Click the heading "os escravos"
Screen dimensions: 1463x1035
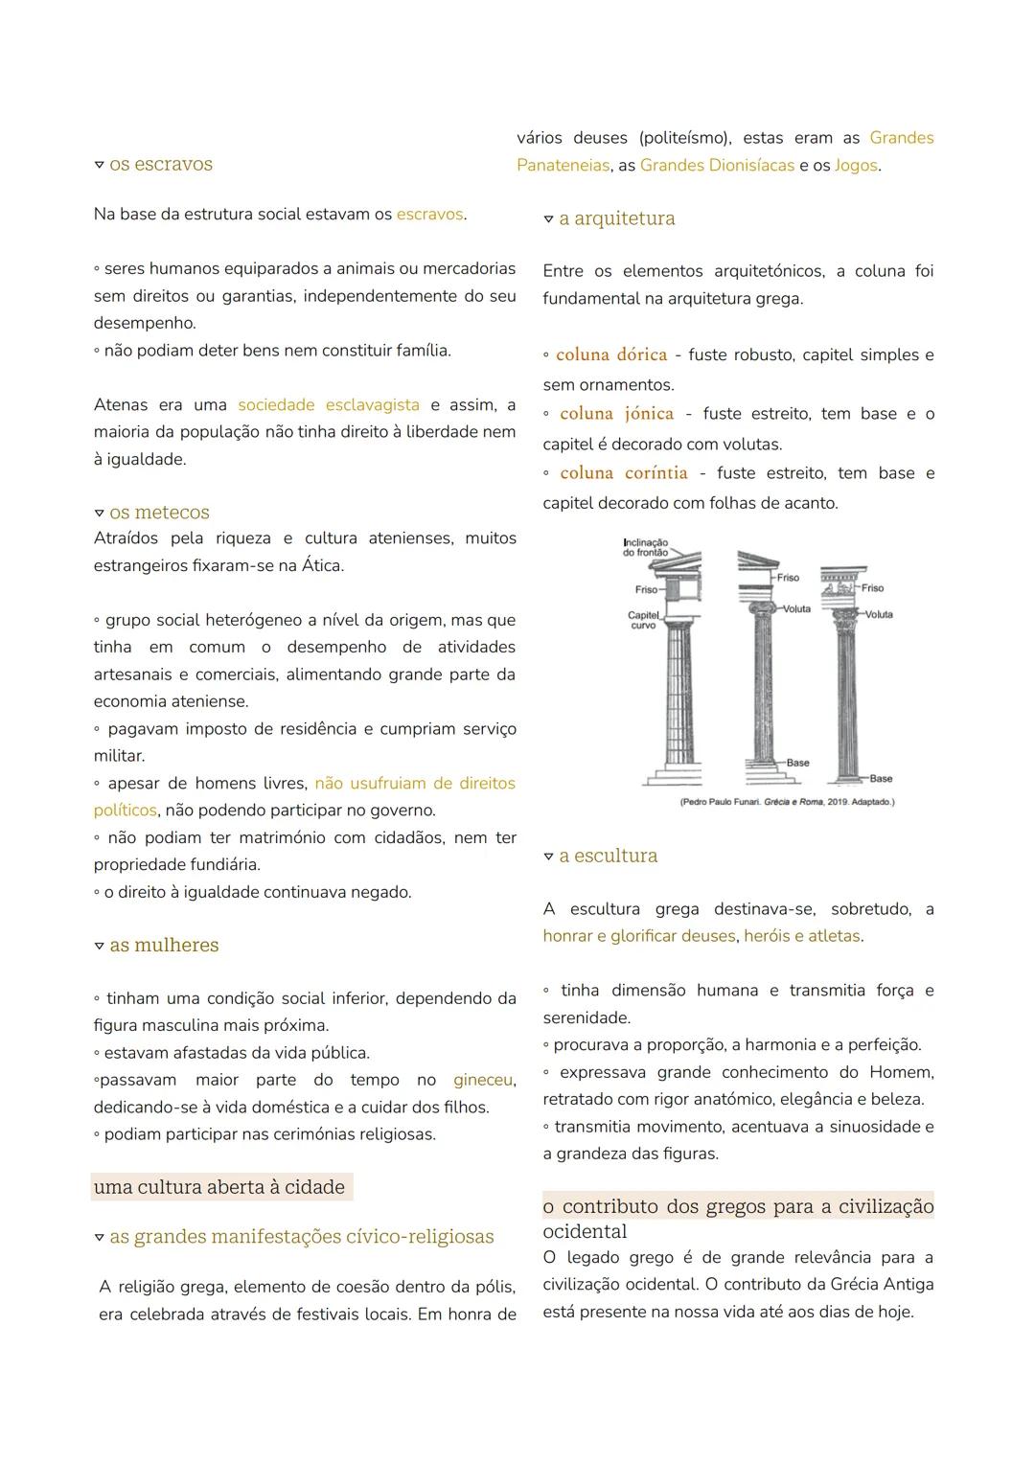click(x=160, y=164)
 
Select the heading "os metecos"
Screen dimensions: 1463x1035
click(x=159, y=513)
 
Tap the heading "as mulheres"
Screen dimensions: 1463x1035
click(x=164, y=945)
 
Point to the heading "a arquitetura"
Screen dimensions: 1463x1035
click(x=616, y=218)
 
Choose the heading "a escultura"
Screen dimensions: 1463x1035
click(x=608, y=856)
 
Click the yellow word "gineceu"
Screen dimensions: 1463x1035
click(x=482, y=1080)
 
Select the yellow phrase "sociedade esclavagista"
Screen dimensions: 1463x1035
click(x=328, y=405)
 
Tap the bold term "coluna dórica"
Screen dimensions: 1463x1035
click(x=611, y=354)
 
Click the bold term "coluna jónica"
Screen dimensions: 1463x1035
click(x=616, y=414)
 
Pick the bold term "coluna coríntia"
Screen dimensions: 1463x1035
click(x=624, y=473)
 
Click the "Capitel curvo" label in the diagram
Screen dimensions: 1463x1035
click(x=643, y=620)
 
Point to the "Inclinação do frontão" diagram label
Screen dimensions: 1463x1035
click(x=645, y=547)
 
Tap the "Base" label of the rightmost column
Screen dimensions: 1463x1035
click(x=881, y=779)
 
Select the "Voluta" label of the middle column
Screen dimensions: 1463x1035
click(x=796, y=609)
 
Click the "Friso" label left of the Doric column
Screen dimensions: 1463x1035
click(x=646, y=589)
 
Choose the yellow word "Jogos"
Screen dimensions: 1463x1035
click(x=856, y=165)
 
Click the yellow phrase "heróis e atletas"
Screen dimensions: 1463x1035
click(x=801, y=936)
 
